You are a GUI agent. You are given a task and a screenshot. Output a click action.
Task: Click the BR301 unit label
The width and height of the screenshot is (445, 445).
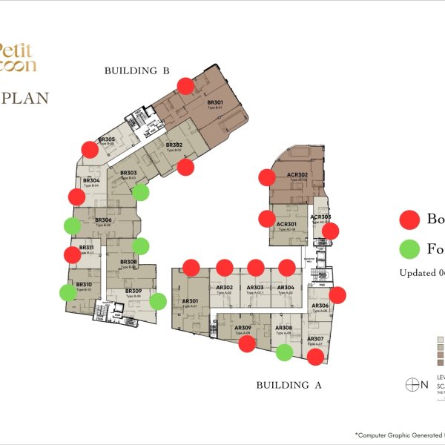click(215, 103)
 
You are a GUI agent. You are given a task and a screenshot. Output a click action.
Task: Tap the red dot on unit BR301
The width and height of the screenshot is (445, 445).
click(185, 85)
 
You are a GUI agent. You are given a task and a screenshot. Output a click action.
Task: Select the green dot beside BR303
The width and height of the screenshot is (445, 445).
click(140, 193)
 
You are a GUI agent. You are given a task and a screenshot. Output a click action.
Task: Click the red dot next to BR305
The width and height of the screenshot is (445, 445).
click(90, 149)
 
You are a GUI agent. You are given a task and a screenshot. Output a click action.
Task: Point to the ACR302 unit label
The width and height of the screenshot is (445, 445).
click(297, 176)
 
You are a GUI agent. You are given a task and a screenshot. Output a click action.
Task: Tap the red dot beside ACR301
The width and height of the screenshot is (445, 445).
click(266, 219)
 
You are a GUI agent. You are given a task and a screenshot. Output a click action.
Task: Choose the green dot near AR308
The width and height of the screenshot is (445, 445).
click(284, 352)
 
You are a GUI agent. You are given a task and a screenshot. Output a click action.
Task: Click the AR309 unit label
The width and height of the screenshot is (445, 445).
click(243, 329)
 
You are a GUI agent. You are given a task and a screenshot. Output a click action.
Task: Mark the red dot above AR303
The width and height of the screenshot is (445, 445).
click(256, 268)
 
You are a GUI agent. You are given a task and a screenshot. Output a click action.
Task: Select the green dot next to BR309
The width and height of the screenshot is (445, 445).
click(157, 301)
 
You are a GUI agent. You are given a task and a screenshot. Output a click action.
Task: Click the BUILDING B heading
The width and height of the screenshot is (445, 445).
click(137, 71)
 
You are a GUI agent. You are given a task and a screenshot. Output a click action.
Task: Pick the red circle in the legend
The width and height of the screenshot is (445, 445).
click(409, 220)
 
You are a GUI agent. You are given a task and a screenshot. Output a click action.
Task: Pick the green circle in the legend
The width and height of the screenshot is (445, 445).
click(409, 248)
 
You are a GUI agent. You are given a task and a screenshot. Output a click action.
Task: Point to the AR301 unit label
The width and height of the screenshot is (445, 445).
click(189, 301)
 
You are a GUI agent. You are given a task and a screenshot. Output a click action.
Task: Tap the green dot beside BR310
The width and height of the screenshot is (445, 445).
click(67, 292)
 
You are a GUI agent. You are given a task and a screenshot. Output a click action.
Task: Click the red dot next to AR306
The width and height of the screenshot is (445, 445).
click(337, 295)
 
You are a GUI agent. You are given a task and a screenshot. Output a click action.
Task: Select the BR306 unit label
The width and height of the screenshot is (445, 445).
click(103, 221)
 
